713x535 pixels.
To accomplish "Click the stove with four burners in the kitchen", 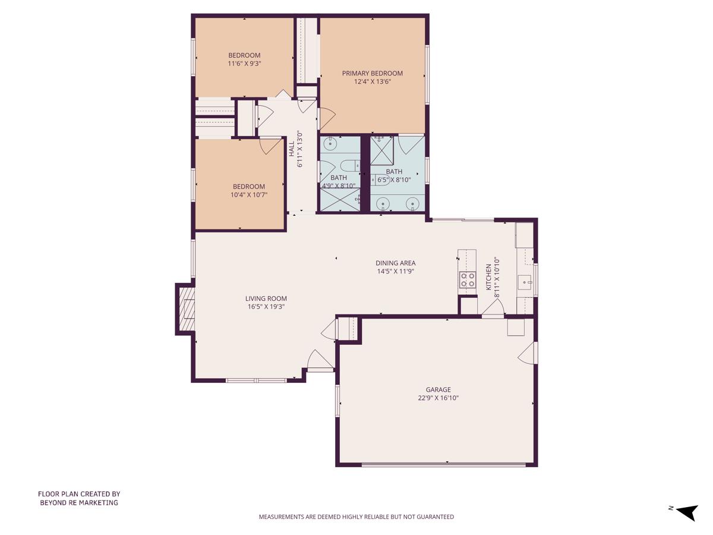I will coord(468,279).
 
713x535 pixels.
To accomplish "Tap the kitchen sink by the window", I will coord(524,282).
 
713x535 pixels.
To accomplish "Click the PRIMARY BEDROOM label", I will coord(372,73).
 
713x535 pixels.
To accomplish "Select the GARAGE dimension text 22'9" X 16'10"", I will coord(438,398).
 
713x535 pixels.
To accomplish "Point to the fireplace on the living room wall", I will coord(186,309).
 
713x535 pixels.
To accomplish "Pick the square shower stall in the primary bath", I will coord(382,150).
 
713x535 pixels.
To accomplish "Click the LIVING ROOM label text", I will coord(266,298).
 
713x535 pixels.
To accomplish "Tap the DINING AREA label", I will coord(395,263).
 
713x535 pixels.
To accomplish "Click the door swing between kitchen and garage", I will coord(493,308).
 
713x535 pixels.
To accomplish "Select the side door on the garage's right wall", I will coord(527,353).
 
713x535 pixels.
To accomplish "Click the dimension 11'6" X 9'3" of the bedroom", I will coord(244,63).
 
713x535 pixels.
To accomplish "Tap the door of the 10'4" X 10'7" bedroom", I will coord(270,145).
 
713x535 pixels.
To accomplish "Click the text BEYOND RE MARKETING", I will coord(79,502).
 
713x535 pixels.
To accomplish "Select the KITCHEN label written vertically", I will coord(489,277).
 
